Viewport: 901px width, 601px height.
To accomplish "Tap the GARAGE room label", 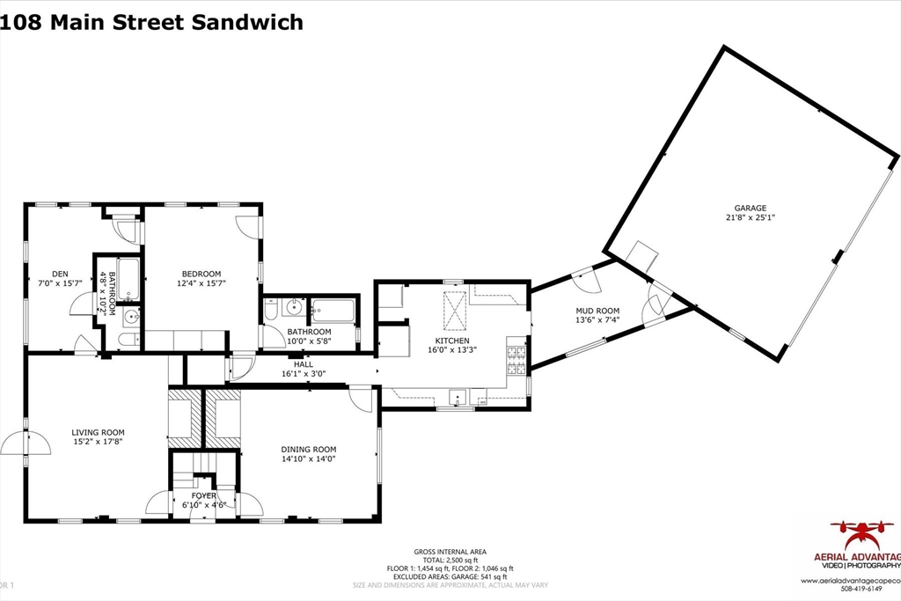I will (750, 209).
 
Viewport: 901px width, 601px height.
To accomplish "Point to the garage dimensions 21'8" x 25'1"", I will (750, 217).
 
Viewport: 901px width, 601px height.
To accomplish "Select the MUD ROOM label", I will (597, 311).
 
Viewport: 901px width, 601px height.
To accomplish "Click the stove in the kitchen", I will (516, 356).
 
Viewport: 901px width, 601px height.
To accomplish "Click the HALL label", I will (303, 364).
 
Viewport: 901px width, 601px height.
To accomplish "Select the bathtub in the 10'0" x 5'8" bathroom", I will (333, 310).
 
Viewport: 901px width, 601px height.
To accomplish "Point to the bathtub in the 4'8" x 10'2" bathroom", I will (128, 280).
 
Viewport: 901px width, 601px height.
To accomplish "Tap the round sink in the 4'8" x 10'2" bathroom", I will (130, 317).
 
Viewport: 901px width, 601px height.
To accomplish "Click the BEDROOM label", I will (201, 274).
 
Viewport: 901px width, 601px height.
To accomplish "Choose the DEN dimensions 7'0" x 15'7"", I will (60, 283).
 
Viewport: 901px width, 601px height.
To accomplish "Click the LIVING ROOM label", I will (98, 432).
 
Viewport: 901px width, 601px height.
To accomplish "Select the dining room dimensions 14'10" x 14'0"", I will (309, 458).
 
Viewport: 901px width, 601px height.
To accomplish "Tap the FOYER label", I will (204, 496).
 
